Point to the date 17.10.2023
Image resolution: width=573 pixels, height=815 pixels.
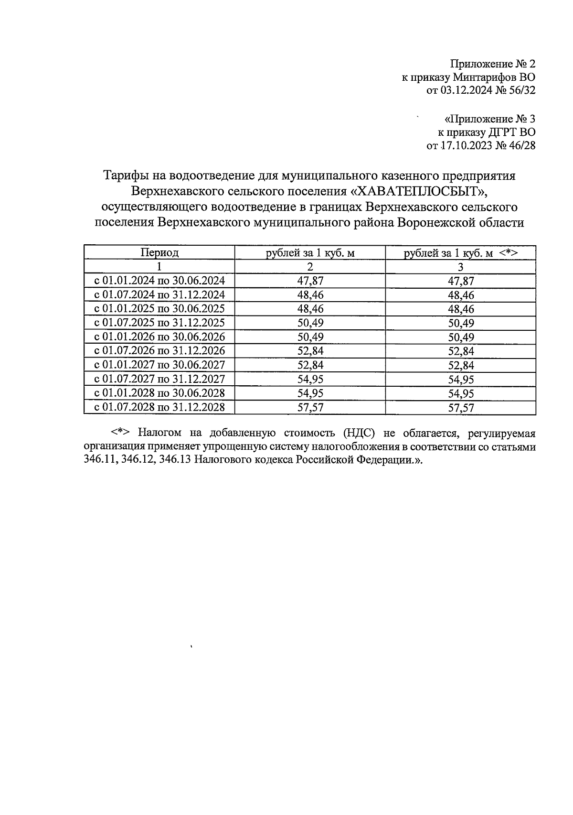[x=466, y=145]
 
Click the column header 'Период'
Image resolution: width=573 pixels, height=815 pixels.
[x=159, y=253]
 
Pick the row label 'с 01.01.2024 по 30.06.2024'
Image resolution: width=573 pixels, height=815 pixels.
[x=159, y=281]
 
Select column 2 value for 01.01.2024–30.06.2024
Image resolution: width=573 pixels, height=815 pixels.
[x=310, y=281]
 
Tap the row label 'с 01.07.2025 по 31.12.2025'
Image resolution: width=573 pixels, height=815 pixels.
[x=159, y=323]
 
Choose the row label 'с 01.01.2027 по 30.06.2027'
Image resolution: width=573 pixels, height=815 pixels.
[x=159, y=365]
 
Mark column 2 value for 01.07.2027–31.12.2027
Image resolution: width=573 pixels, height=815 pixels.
[x=310, y=379]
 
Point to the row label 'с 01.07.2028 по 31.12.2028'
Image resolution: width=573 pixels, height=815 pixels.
[x=159, y=407]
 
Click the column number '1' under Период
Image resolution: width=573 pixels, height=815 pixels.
[x=159, y=267]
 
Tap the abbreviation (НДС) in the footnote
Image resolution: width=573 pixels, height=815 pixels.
[x=358, y=434]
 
